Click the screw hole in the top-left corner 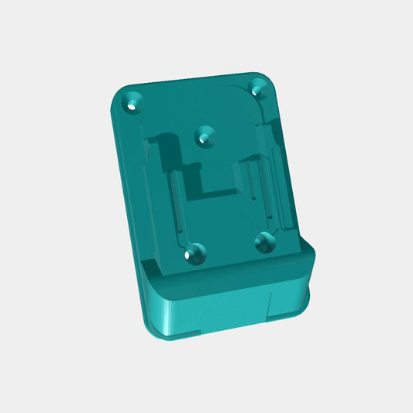[136, 102]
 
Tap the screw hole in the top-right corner [258, 88]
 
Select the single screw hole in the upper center [205, 136]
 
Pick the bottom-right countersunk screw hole [266, 241]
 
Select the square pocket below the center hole [219, 176]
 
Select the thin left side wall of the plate [128, 178]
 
